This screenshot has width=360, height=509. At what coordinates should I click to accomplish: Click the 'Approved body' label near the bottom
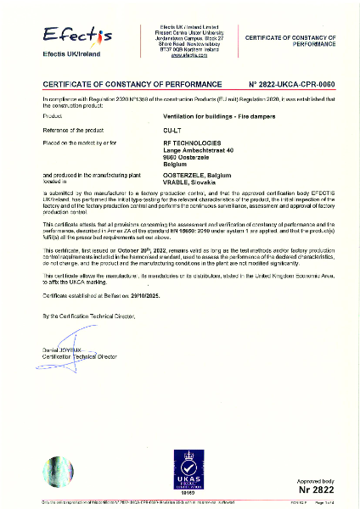tap(315, 481)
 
